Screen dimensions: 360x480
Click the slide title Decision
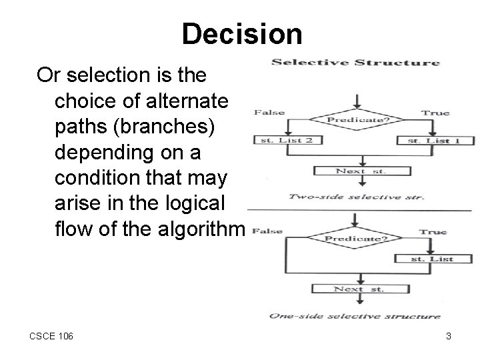tap(241, 34)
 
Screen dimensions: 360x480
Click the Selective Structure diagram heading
tap(355, 63)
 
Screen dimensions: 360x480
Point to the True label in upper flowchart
tap(435, 113)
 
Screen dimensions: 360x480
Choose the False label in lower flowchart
tap(268, 231)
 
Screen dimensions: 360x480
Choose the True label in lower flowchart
tap(433, 232)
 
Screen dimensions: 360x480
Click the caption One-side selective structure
tap(355, 315)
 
